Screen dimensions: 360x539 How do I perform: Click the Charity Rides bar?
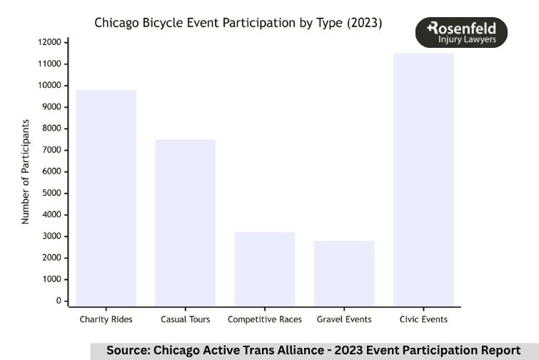(106, 198)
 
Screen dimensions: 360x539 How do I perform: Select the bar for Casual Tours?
(186, 223)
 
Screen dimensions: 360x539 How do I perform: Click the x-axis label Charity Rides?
(106, 319)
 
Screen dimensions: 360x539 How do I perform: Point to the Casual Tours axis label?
(186, 319)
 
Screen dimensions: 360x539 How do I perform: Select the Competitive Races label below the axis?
(265, 319)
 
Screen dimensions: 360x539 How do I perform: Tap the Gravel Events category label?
(344, 319)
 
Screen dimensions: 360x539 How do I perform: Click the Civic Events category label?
(423, 319)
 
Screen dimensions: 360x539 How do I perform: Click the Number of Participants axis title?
(26, 171)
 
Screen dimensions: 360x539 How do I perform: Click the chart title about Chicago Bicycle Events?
(238, 23)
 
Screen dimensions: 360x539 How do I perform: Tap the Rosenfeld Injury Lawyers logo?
(461, 33)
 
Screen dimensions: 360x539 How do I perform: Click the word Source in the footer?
(127, 351)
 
